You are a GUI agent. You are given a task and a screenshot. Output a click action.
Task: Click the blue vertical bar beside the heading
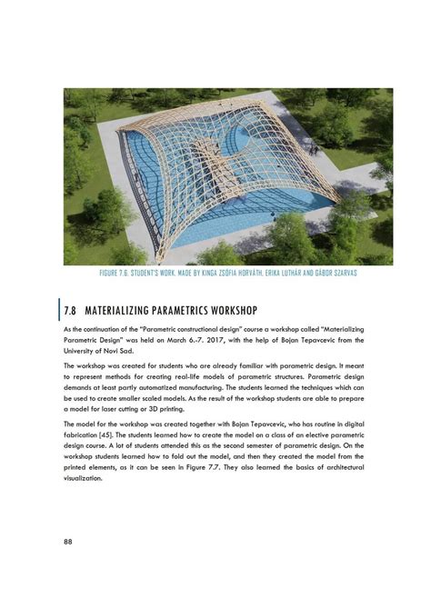tap(60, 308)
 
